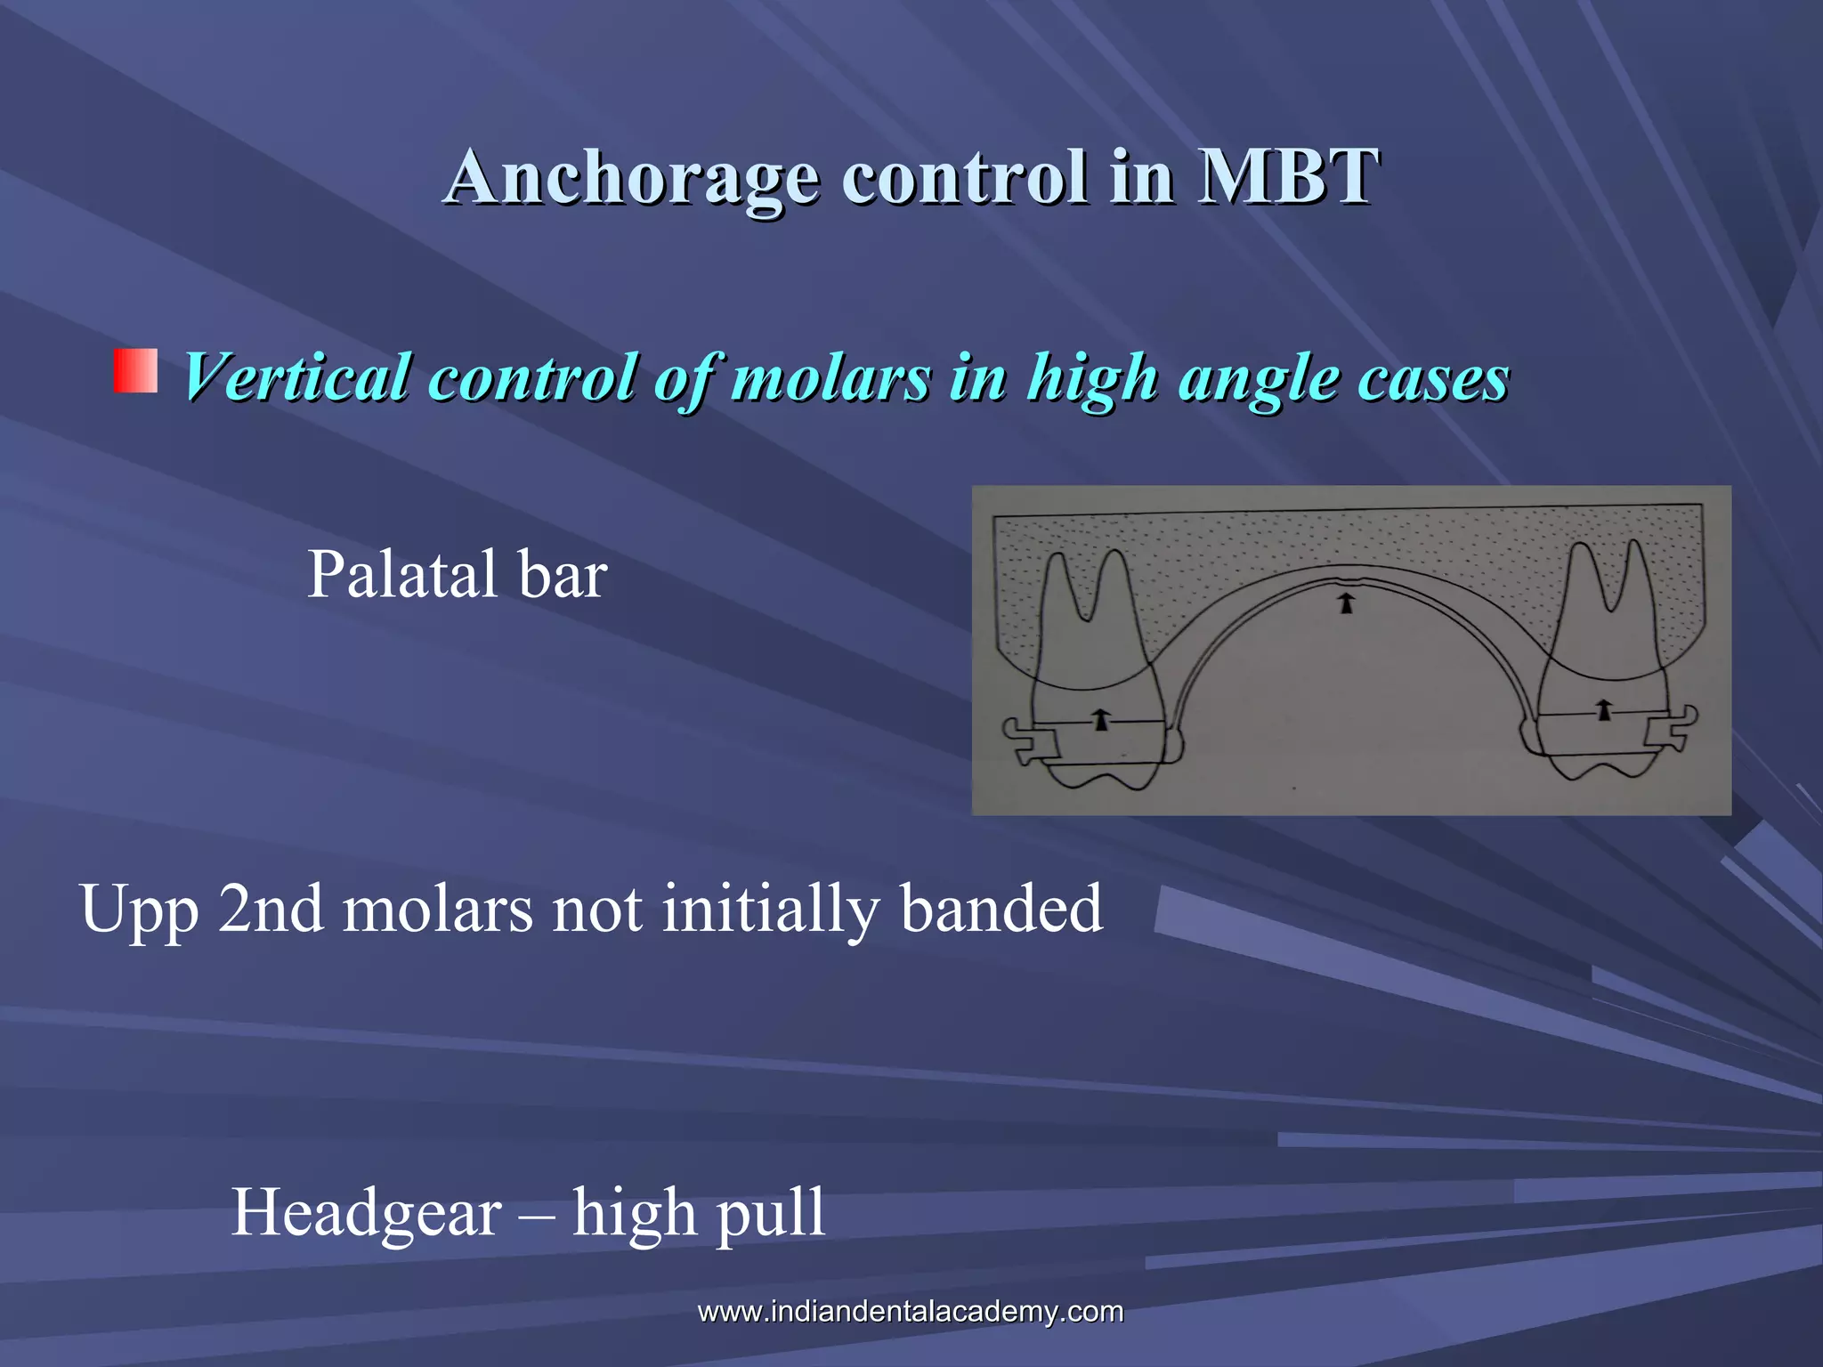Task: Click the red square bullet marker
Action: point(135,371)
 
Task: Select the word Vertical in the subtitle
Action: point(297,377)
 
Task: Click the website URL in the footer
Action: point(910,1311)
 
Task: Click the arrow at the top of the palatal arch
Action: point(1347,604)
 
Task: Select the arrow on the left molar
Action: point(1102,719)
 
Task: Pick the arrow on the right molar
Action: point(1604,709)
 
